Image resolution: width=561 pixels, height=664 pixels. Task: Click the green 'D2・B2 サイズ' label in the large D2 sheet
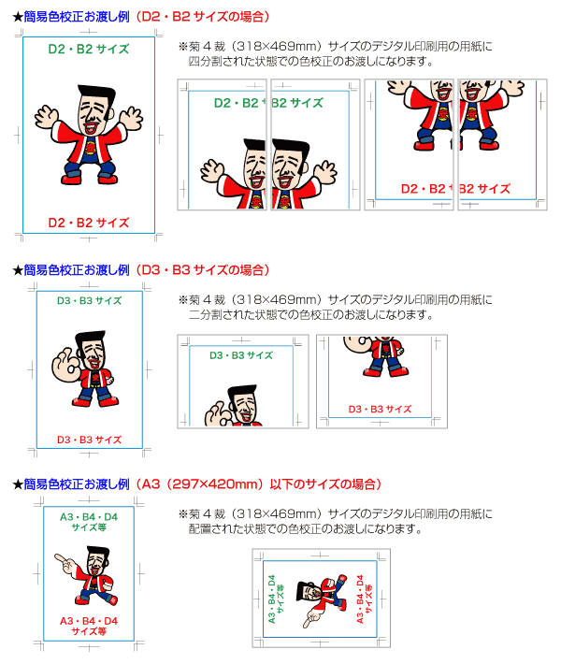pos(89,50)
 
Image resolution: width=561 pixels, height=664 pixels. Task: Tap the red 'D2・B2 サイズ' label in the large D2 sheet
pos(89,223)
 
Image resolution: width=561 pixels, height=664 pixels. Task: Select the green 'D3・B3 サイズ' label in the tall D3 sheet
pos(90,300)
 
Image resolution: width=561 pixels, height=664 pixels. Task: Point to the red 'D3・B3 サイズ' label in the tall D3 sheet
pos(90,440)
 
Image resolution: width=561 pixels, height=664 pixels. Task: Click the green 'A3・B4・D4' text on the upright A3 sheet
pos(89,517)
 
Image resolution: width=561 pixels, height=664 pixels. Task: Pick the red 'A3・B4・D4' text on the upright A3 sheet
pos(89,621)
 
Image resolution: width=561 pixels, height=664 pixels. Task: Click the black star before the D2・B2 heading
pos(18,17)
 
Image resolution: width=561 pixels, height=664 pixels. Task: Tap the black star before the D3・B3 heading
pos(18,270)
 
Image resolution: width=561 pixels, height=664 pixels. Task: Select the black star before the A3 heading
pos(18,484)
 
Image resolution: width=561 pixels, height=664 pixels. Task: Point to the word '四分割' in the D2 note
pos(206,62)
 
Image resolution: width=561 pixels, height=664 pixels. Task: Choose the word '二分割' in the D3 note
pos(206,314)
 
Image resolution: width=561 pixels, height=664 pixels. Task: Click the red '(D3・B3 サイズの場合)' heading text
pos(203,270)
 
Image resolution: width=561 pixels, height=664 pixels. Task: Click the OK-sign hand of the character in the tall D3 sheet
pos(65,364)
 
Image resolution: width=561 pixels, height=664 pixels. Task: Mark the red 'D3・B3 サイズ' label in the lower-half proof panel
pos(380,409)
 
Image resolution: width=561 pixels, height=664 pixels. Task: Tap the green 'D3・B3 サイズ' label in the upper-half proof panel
pos(241,355)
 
